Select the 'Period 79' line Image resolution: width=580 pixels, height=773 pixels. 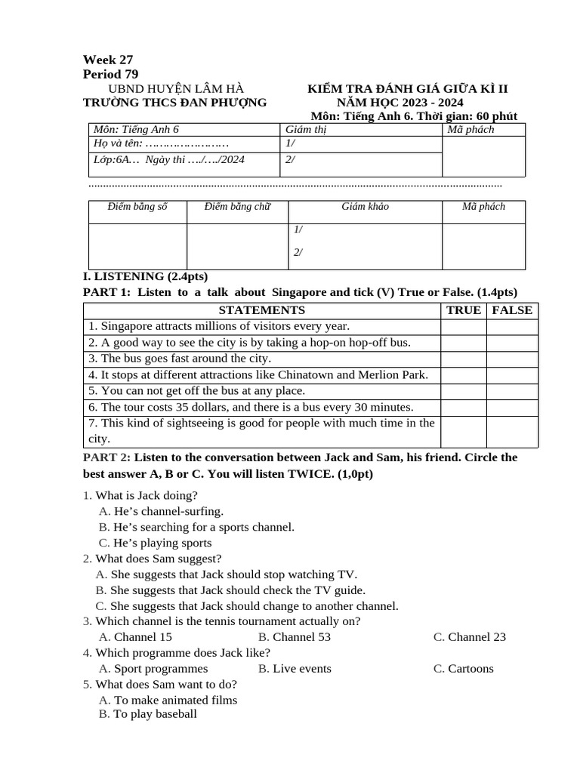point(110,74)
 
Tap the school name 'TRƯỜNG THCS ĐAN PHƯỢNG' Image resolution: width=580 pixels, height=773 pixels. point(174,103)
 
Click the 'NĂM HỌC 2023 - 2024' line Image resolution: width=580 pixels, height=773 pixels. point(400,103)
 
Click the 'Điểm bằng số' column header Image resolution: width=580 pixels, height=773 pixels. point(137,207)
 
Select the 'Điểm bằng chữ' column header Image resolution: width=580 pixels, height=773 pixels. point(237,207)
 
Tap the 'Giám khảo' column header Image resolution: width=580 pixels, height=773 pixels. point(365,207)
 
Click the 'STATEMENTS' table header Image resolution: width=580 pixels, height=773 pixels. point(261,310)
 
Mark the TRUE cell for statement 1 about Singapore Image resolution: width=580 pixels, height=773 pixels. point(463,327)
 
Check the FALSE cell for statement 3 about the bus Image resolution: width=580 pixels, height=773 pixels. point(511,359)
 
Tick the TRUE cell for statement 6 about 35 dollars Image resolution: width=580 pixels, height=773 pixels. point(463,408)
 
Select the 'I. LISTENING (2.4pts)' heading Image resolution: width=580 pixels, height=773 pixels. point(145,276)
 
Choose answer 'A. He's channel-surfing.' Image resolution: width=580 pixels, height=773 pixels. point(161,511)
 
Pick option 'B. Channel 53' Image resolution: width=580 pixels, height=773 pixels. point(294,637)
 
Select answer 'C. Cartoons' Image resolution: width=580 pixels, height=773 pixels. point(463,669)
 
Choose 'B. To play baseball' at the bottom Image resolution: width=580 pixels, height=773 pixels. point(148,714)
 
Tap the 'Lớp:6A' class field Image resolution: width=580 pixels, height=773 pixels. point(113,160)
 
